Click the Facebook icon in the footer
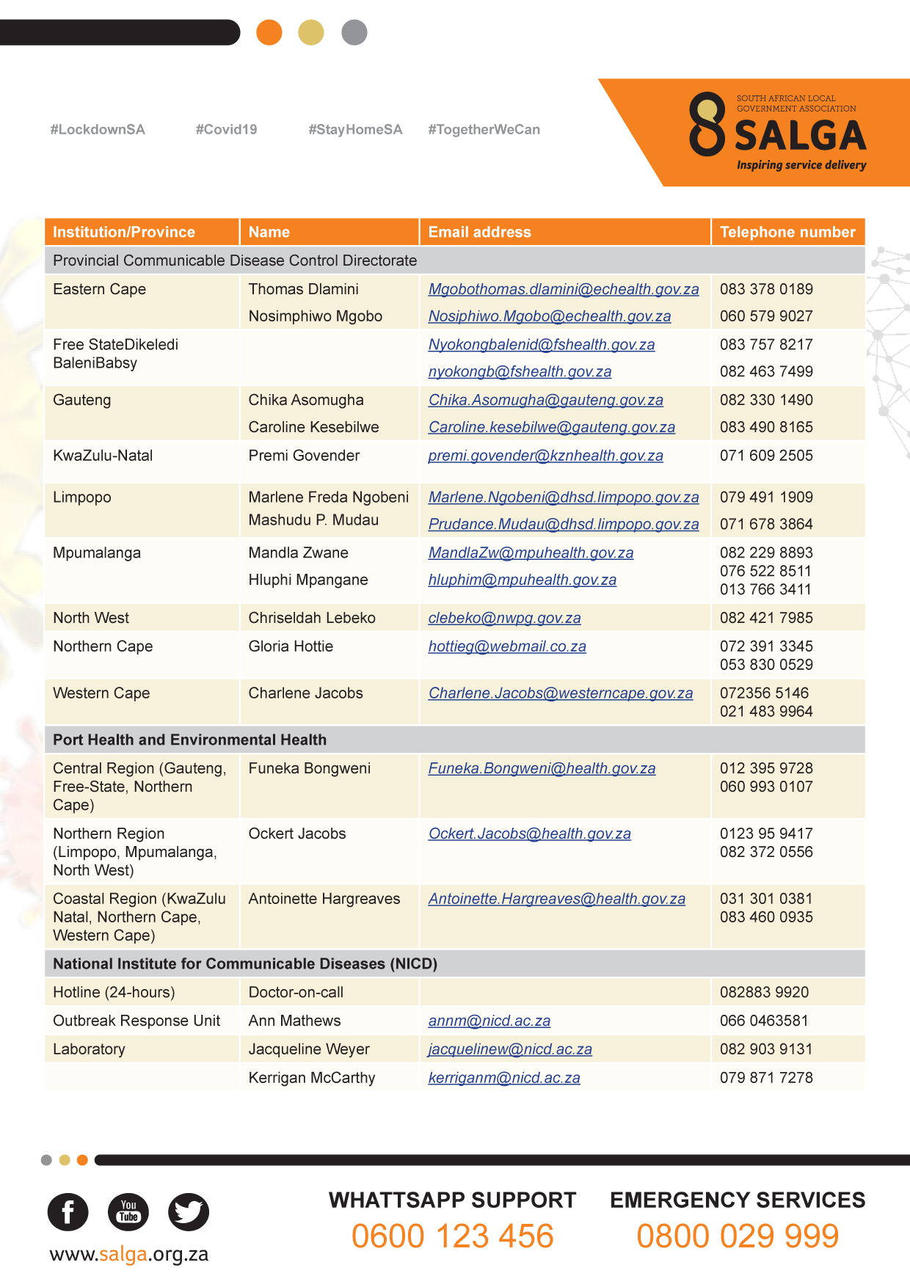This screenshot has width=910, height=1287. point(68,1211)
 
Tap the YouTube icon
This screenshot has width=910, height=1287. point(128,1211)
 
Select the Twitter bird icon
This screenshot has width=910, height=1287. point(189,1211)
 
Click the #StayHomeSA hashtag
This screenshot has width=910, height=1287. point(355,130)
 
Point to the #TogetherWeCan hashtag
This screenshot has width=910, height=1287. point(484,130)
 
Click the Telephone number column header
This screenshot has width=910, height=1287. point(787,232)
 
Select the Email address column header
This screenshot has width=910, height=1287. point(479,232)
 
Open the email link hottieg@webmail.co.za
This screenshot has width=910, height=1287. point(507,646)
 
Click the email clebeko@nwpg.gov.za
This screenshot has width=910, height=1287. point(504,618)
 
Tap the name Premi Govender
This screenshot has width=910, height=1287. point(304,456)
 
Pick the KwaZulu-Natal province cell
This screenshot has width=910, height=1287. point(103,456)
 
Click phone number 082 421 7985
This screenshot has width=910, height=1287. point(766,618)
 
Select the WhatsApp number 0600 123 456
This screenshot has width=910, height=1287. point(452,1236)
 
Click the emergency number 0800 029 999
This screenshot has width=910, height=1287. point(738,1236)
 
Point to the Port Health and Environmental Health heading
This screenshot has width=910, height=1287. point(189,740)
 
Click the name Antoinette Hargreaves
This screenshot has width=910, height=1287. point(324,899)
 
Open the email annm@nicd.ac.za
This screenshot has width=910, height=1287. point(489,1021)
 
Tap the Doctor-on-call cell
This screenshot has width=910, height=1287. point(296,992)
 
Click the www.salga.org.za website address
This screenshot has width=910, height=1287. point(129,1254)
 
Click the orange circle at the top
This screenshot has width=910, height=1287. point(269,32)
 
